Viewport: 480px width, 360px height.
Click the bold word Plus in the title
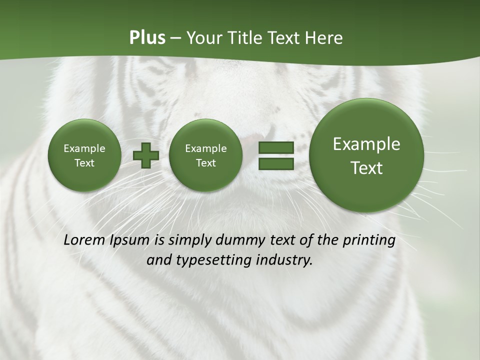147,38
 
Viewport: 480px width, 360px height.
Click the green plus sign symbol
145,155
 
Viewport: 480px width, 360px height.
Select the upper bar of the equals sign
276,147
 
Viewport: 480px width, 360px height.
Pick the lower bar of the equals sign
276,163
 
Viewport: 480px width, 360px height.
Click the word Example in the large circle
366,144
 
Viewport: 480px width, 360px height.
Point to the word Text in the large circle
366,168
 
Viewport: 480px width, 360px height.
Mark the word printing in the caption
369,240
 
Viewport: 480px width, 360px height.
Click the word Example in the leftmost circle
84,148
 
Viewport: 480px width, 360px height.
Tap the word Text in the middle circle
205,163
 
